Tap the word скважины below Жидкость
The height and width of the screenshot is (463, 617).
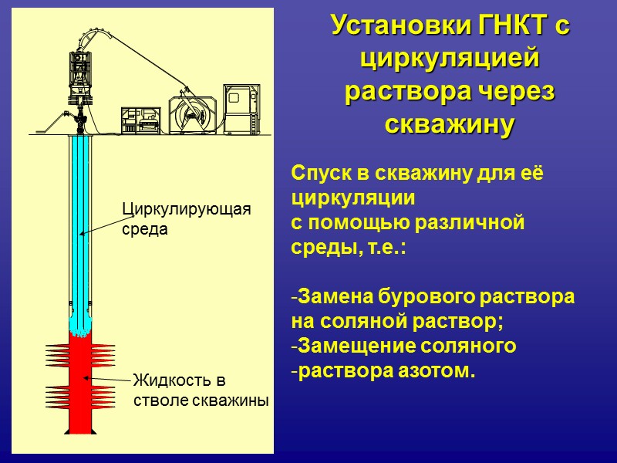click(x=234, y=400)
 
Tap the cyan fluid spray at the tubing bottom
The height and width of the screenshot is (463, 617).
click(x=81, y=324)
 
